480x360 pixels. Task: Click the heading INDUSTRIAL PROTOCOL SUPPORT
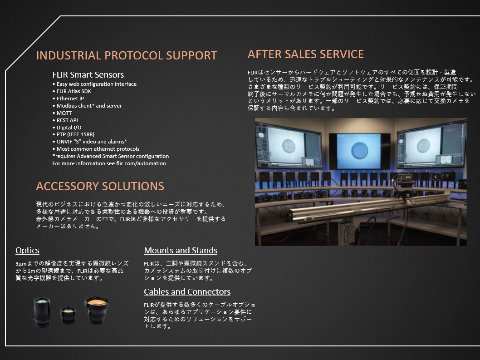point(127,55)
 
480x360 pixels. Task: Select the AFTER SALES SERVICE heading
point(305,54)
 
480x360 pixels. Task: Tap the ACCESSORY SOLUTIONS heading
point(100,186)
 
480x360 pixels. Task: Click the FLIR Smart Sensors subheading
point(88,75)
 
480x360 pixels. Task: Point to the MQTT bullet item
point(62,113)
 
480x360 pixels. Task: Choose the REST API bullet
point(65,120)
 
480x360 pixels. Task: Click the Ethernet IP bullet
point(68,99)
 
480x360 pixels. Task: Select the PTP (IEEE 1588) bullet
point(73,134)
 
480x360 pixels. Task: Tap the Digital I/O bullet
point(67,128)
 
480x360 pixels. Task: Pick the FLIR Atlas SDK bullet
point(72,91)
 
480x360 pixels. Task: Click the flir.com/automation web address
point(141,163)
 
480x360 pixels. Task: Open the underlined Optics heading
point(28,251)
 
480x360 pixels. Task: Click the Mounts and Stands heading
point(181,251)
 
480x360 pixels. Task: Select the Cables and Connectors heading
point(187,291)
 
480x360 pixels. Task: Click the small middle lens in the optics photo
point(68,315)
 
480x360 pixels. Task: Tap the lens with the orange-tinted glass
point(97,310)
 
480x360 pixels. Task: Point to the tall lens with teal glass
point(42,311)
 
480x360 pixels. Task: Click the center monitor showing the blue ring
point(360,151)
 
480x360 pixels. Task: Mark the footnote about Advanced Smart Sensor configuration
point(111,156)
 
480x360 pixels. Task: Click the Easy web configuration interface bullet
point(94,84)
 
